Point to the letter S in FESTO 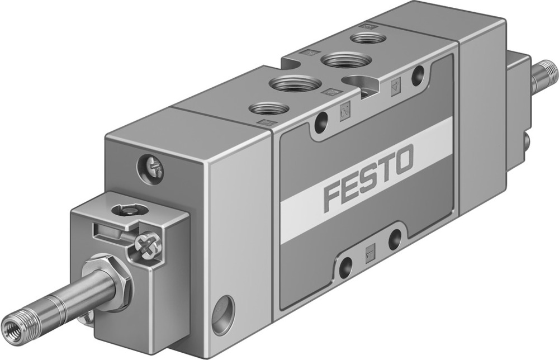(x=367, y=178)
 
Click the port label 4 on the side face (x=395, y=88)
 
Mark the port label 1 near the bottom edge (x=369, y=250)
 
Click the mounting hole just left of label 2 (x=320, y=122)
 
